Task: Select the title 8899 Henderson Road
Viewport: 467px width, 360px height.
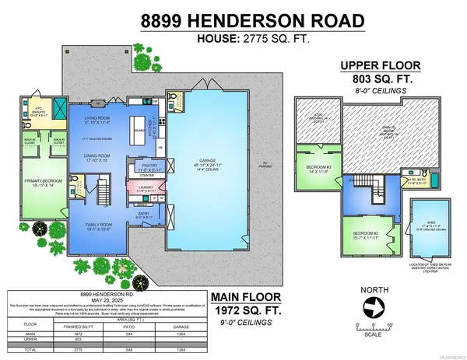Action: (233, 18)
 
